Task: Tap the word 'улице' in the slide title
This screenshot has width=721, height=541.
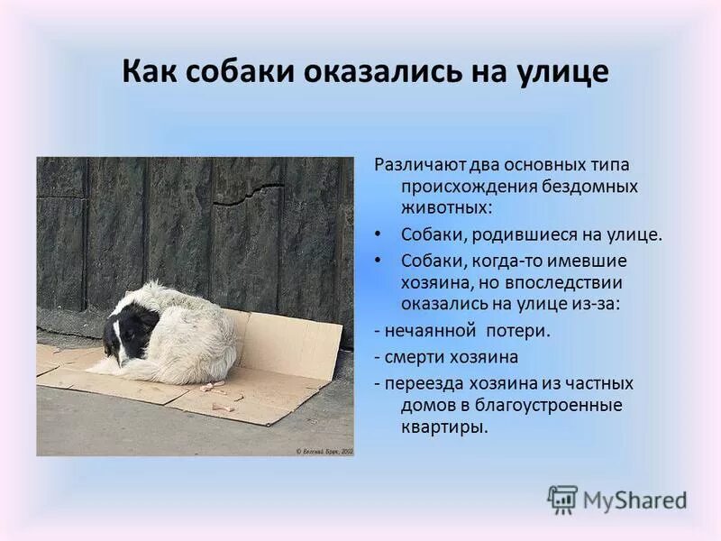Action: (561, 71)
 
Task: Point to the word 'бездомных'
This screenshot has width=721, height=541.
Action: (589, 187)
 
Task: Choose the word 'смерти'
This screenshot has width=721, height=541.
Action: (413, 356)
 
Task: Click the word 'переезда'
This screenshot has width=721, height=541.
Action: (421, 382)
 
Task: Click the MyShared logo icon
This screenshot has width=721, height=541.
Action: (562, 499)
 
